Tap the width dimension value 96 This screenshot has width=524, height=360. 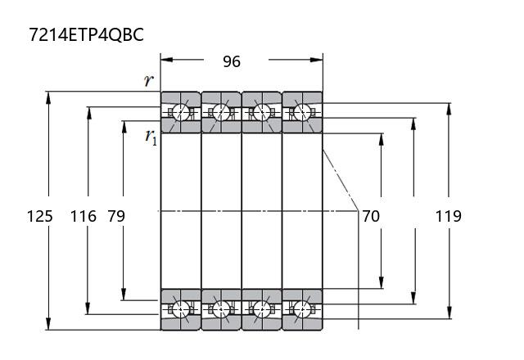[232, 61]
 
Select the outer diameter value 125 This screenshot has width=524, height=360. [40, 216]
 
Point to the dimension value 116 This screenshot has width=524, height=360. [83, 216]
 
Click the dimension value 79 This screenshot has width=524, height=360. [116, 216]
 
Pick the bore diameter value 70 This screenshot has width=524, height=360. [371, 216]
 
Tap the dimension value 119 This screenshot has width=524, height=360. [448, 216]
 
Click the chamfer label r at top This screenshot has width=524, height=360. [147, 80]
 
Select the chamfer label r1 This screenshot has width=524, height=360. [151, 137]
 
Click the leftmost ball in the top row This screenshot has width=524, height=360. [180, 111]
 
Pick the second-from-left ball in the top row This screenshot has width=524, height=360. [221, 111]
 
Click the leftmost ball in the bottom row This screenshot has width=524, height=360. [180, 309]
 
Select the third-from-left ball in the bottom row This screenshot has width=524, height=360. [262, 309]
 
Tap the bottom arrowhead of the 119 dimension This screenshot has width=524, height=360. [449, 314]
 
